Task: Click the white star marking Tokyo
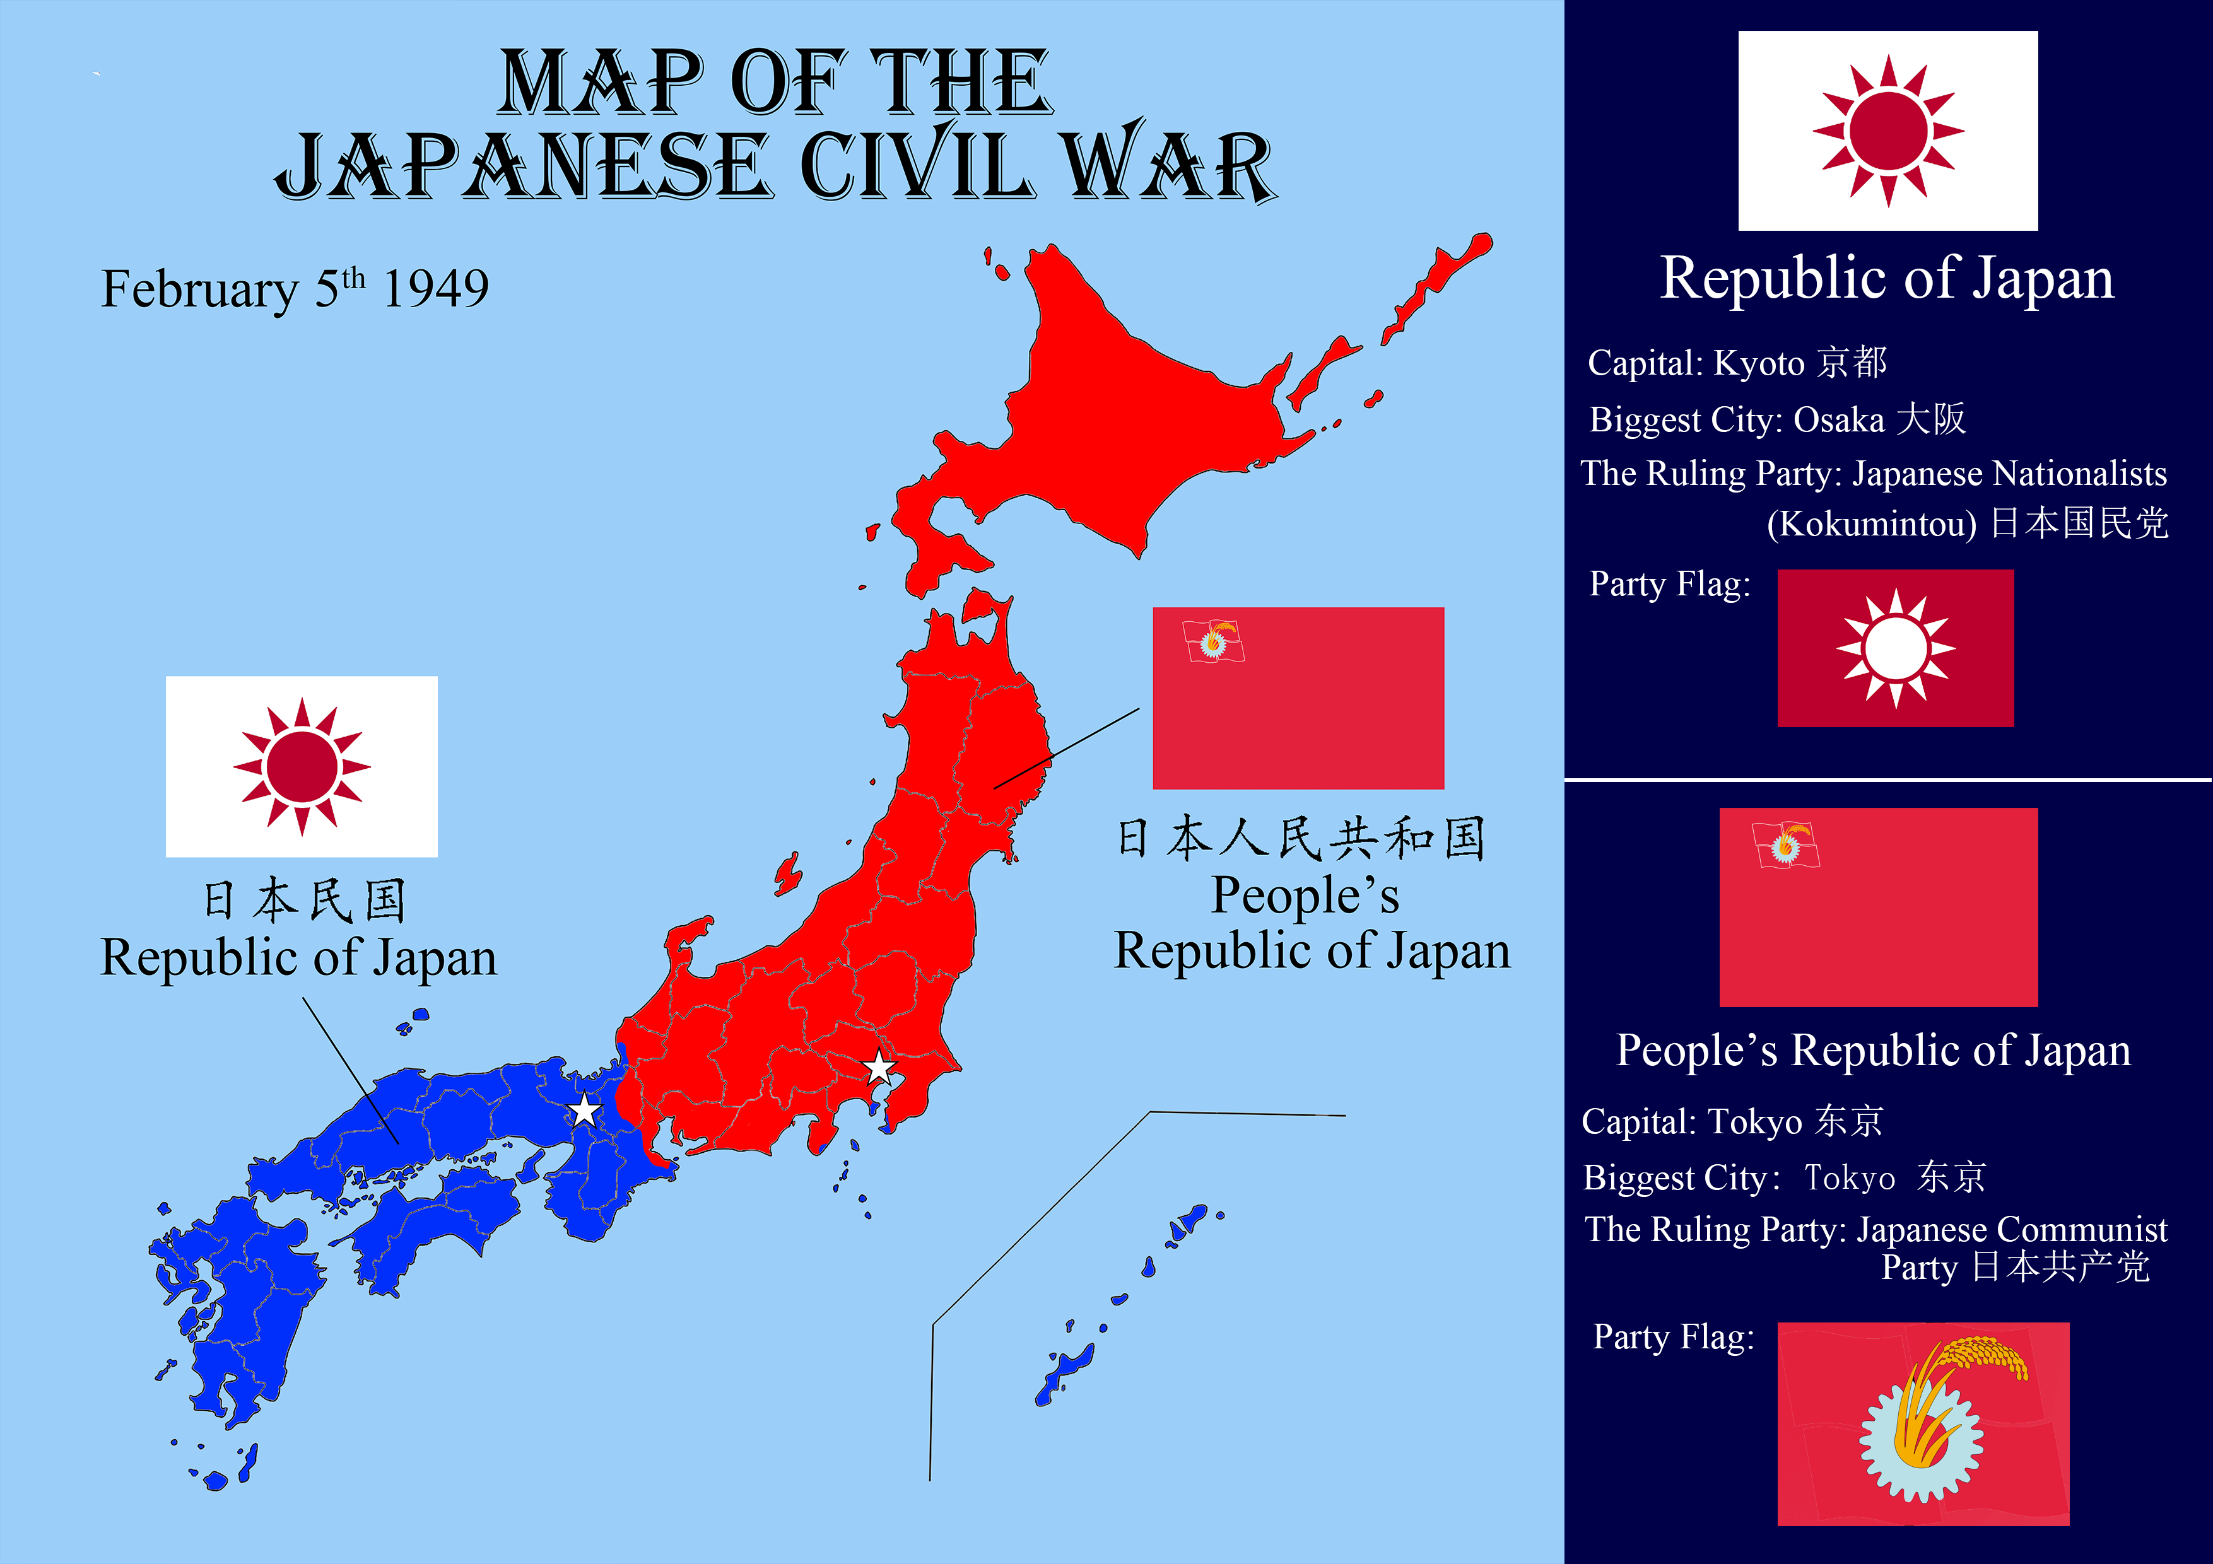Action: pos(878,1068)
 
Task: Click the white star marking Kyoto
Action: pos(584,1110)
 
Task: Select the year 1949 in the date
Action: pos(436,288)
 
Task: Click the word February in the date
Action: pos(201,289)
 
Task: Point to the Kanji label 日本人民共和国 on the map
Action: pos(1301,837)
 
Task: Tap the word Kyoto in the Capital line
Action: pos(1759,363)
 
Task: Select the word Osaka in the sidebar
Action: pos(1838,420)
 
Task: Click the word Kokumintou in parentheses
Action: pos(1872,524)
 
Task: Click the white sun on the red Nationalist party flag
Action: pos(1895,648)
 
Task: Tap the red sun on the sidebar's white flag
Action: pos(1888,130)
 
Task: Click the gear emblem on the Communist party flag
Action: pos(1921,1439)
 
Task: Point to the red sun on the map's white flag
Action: pos(302,766)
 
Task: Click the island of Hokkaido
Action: pos(1137,414)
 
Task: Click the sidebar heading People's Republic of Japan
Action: pos(1873,1051)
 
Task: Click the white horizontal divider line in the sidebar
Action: pos(1887,779)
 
